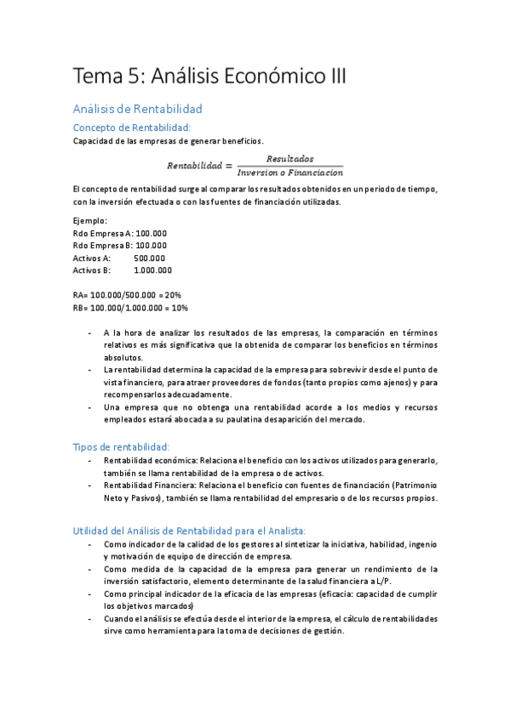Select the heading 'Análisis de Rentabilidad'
pos(137,110)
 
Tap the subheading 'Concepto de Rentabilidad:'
pos(132,127)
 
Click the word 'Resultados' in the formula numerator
pos(289,159)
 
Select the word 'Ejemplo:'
pos(90,220)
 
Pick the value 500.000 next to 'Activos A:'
pos(150,258)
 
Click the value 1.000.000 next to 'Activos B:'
pos(153,270)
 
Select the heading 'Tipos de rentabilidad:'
pos(122,446)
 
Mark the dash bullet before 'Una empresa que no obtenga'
pos(91,407)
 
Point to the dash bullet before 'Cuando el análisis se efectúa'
pos(91,618)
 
